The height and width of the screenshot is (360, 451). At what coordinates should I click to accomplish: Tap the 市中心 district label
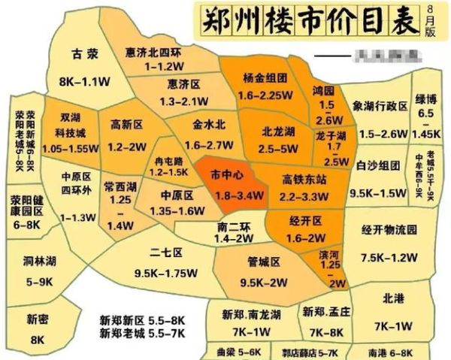[226, 175]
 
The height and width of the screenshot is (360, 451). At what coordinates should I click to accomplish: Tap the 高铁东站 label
[304, 180]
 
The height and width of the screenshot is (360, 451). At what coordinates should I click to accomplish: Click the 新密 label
[37, 319]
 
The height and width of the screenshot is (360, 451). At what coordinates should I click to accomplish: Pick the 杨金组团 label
[264, 77]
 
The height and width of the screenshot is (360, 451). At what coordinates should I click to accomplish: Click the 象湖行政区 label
[379, 107]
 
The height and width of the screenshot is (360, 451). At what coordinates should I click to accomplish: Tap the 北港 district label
[392, 298]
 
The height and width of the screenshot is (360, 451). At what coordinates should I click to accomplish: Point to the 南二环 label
[232, 225]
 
